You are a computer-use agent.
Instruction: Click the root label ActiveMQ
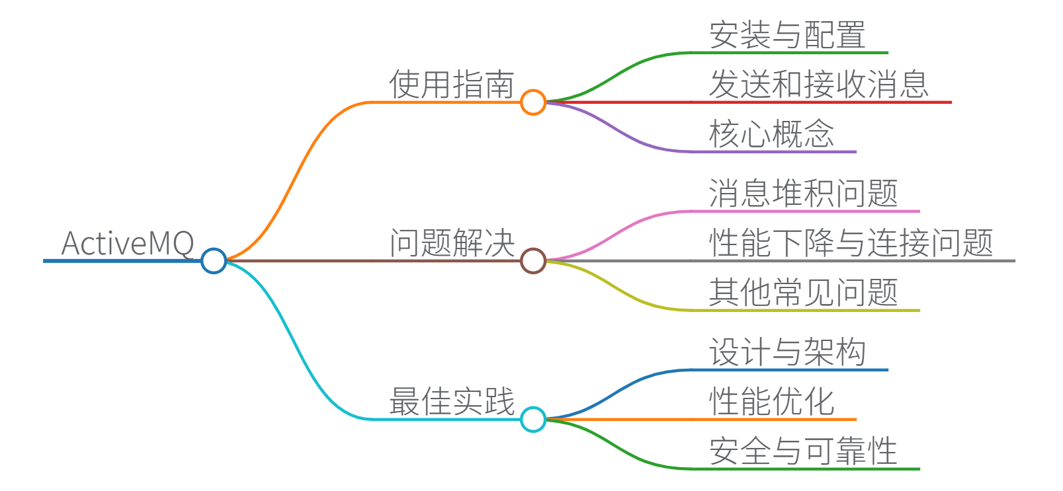click(x=128, y=243)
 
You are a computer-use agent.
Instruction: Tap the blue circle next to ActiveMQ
click(x=214, y=260)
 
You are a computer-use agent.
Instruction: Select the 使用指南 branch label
click(x=452, y=85)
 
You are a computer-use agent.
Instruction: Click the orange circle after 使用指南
click(x=532, y=102)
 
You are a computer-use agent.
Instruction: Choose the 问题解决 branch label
click(x=452, y=243)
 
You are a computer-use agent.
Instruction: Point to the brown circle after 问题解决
click(x=532, y=260)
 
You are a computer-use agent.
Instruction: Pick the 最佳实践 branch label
click(x=452, y=402)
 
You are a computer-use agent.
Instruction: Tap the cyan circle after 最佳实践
click(x=532, y=419)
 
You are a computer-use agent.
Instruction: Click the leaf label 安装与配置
click(x=787, y=35)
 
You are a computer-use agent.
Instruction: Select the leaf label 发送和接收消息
click(x=819, y=85)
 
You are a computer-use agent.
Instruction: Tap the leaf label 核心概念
click(x=771, y=134)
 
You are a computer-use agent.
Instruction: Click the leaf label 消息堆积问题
click(x=803, y=194)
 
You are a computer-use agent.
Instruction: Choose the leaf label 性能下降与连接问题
click(x=851, y=243)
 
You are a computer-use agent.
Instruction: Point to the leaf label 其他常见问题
click(x=803, y=293)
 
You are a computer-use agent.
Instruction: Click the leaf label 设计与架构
click(x=787, y=352)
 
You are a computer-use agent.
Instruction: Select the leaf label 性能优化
click(x=771, y=402)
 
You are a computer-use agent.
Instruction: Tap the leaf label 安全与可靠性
click(x=803, y=451)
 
